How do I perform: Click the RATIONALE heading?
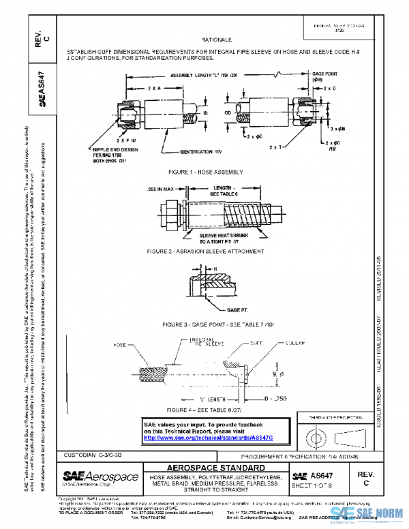click(213, 40)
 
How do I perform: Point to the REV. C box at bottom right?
click(366, 478)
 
